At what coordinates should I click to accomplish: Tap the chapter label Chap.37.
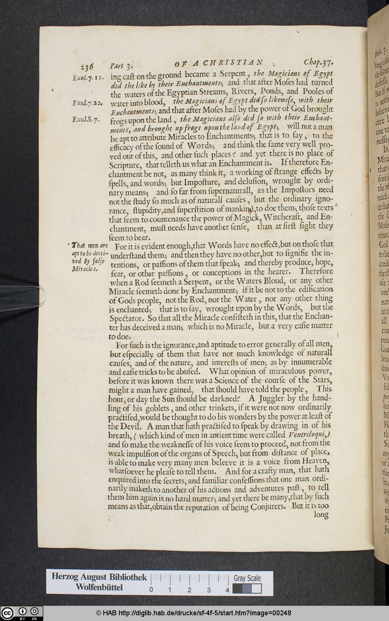tap(318, 62)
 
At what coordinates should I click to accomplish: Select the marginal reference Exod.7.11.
tap(87, 78)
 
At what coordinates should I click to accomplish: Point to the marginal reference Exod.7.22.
tap(87, 103)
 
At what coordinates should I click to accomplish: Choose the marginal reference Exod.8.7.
tap(86, 119)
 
